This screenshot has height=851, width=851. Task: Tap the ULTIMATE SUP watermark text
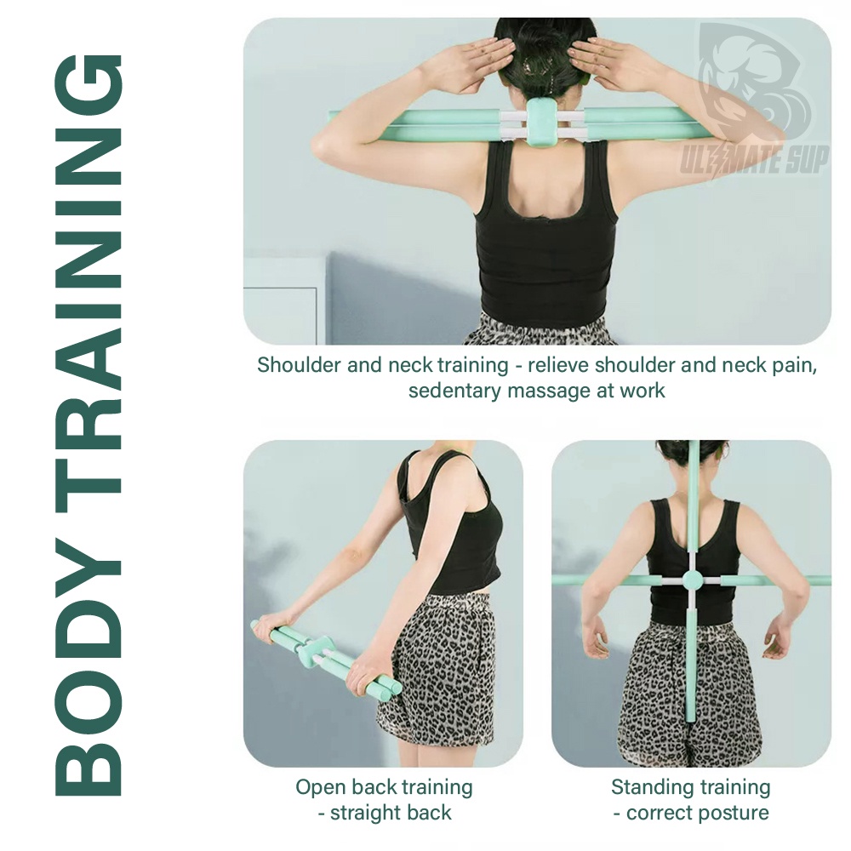pyautogui.click(x=755, y=160)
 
